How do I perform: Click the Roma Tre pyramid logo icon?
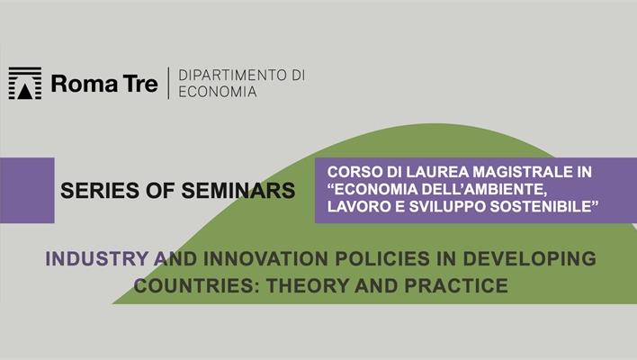pyautogui.click(x=25, y=83)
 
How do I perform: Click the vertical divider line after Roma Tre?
pyautogui.click(x=168, y=83)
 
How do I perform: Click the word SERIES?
pyautogui.click(x=95, y=191)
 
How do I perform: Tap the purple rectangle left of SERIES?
pyautogui.click(x=27, y=190)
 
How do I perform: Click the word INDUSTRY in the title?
pyautogui.click(x=94, y=258)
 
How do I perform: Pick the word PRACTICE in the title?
pyautogui.click(x=453, y=286)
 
